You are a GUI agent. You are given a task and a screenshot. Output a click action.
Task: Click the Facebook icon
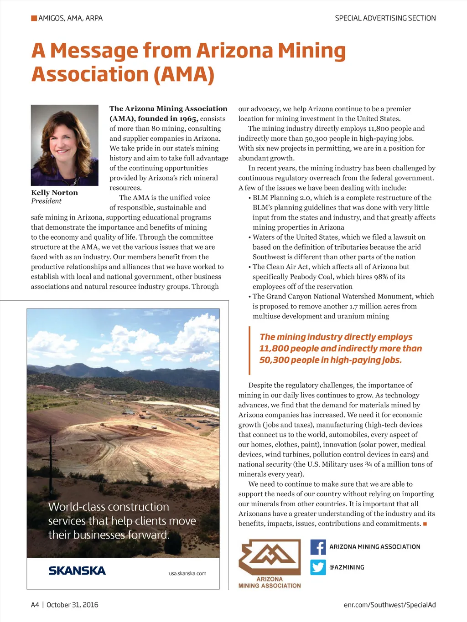(318, 547)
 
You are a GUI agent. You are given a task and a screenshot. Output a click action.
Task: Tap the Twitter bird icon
(318, 567)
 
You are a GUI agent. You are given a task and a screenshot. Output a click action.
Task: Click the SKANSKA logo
(77, 571)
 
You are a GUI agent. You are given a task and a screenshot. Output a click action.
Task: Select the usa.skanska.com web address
(187, 573)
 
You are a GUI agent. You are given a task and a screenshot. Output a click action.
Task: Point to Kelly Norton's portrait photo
(65, 145)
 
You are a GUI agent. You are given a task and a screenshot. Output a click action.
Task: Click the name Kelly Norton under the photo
(54, 193)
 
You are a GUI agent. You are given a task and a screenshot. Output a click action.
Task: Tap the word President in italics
(46, 201)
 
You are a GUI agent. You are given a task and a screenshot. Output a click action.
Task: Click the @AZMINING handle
(347, 567)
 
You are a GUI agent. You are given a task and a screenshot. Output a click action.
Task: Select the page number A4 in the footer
(35, 605)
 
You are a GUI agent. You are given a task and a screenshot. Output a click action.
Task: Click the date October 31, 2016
(72, 605)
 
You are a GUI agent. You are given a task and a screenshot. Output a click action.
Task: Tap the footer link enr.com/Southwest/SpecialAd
(389, 605)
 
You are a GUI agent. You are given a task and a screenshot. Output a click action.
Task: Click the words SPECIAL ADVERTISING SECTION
(385, 18)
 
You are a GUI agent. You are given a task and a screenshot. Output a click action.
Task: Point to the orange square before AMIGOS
(34, 18)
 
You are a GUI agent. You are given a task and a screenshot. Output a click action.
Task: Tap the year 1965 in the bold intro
(188, 119)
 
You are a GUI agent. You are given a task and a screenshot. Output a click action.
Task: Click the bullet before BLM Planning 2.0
(249, 198)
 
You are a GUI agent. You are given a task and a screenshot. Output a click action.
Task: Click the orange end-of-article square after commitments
(425, 524)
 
